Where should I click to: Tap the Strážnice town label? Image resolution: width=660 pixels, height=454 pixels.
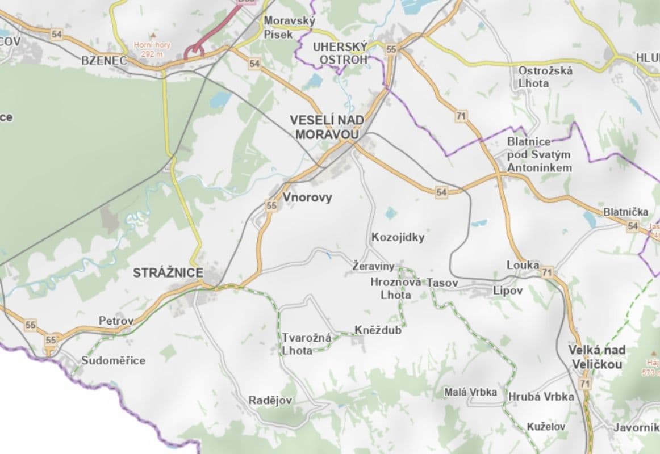(168, 273)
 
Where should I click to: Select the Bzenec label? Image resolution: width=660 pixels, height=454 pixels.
(103, 60)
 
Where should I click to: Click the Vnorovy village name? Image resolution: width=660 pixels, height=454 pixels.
(307, 197)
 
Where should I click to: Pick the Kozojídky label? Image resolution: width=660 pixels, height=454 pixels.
(398, 237)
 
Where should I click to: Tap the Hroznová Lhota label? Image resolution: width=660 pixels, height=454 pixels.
(395, 288)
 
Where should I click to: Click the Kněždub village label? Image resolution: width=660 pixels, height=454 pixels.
(378, 330)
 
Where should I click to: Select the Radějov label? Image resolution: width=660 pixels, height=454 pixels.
(270, 400)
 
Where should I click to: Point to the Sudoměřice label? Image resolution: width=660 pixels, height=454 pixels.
(113, 360)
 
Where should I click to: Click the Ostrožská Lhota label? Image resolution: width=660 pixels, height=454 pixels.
(545, 77)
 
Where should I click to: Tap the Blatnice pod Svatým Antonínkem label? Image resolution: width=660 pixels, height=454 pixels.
(539, 154)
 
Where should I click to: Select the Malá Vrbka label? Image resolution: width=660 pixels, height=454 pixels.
(470, 392)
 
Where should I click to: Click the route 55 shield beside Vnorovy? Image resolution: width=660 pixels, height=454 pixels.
(271, 206)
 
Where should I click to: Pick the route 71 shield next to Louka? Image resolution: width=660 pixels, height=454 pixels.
(547, 273)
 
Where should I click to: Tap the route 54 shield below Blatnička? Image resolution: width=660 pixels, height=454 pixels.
(633, 226)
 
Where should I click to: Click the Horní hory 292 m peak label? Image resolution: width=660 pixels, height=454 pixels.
(148, 49)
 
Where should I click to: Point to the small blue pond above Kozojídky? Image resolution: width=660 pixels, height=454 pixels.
(390, 213)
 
